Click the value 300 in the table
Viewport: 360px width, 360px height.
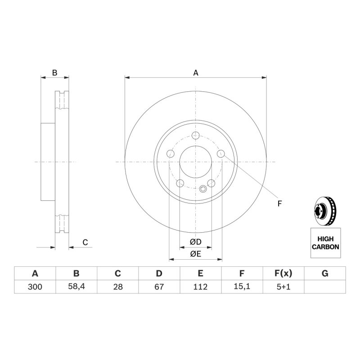point(35,287)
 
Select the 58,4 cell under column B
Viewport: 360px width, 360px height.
point(76,287)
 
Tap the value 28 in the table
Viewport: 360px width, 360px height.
point(118,287)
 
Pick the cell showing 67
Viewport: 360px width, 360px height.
point(159,287)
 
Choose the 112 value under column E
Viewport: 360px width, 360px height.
point(200,287)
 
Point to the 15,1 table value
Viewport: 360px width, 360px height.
point(242,287)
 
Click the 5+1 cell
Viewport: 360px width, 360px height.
point(283,287)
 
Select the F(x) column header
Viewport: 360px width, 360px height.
point(283,274)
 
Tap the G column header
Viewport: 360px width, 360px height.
point(325,274)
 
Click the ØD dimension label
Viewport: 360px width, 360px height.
point(196,242)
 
